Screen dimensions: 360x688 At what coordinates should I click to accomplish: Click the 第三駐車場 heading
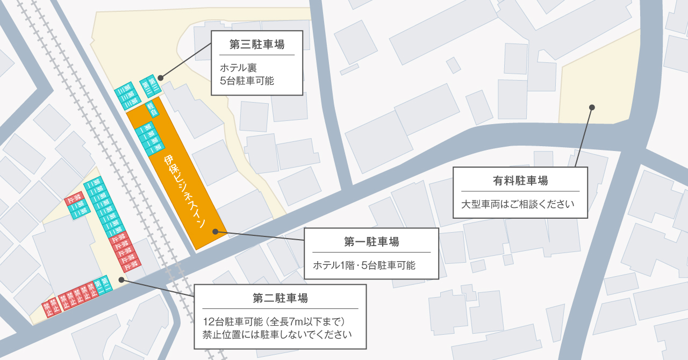[256, 45]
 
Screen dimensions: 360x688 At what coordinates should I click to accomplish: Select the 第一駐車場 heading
[371, 242]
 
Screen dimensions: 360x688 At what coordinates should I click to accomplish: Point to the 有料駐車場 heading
[520, 181]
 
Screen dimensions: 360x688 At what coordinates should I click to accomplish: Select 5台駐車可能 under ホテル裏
[247, 81]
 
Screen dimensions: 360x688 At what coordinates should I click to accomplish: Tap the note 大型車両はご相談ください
[518, 205]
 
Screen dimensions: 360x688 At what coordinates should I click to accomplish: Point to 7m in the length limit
[305, 322]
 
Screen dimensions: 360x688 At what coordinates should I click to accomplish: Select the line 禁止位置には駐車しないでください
[277, 335]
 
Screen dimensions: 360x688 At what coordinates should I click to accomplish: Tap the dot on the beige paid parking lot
[592, 107]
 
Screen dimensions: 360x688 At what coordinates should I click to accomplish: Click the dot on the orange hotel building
[214, 232]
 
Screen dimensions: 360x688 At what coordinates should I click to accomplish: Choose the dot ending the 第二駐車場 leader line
[121, 279]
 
